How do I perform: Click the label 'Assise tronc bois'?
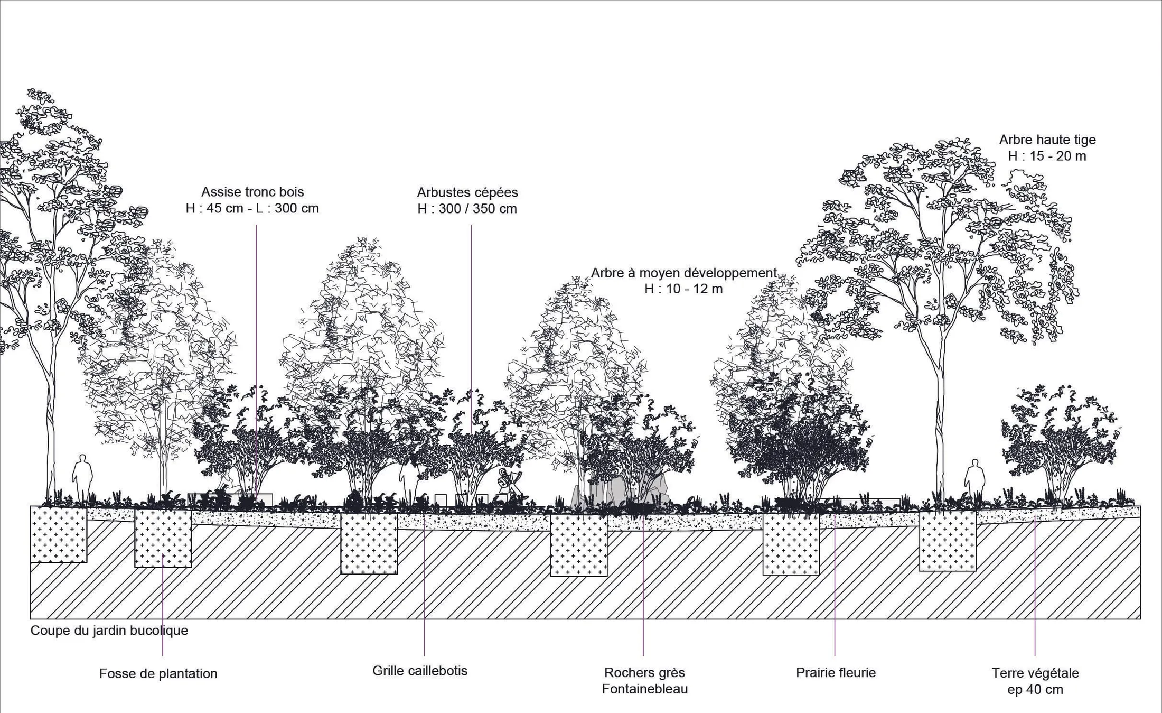point(252,192)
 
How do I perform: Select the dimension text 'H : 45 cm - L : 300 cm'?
point(252,208)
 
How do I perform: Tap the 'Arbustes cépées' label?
point(467,192)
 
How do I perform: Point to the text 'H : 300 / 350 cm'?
point(467,209)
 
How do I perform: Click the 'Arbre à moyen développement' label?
point(683,273)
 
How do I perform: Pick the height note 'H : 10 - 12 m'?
point(683,289)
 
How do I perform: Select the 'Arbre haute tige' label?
point(1047,140)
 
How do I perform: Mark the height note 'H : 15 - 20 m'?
point(1047,156)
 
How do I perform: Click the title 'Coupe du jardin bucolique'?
point(109,631)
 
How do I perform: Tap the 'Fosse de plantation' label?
point(158,674)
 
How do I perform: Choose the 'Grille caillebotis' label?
point(420,671)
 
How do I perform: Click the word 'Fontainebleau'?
point(645,689)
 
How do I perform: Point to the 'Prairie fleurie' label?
point(836,673)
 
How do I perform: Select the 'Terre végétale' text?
point(1035,673)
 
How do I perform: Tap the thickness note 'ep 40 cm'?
point(1035,690)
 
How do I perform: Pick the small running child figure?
point(510,483)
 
